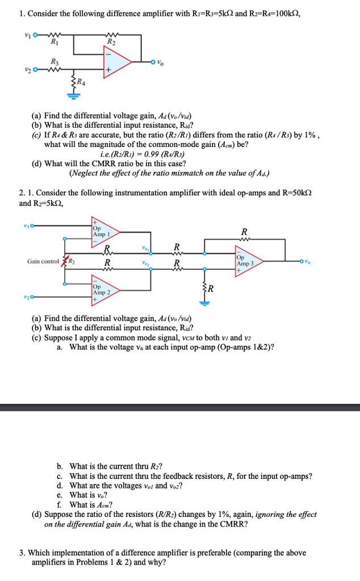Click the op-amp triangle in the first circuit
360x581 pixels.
point(118,63)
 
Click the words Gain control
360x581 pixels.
point(45,262)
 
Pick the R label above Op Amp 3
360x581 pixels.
point(244,231)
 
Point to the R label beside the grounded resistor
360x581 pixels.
point(210,289)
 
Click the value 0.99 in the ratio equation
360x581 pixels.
point(145,154)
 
